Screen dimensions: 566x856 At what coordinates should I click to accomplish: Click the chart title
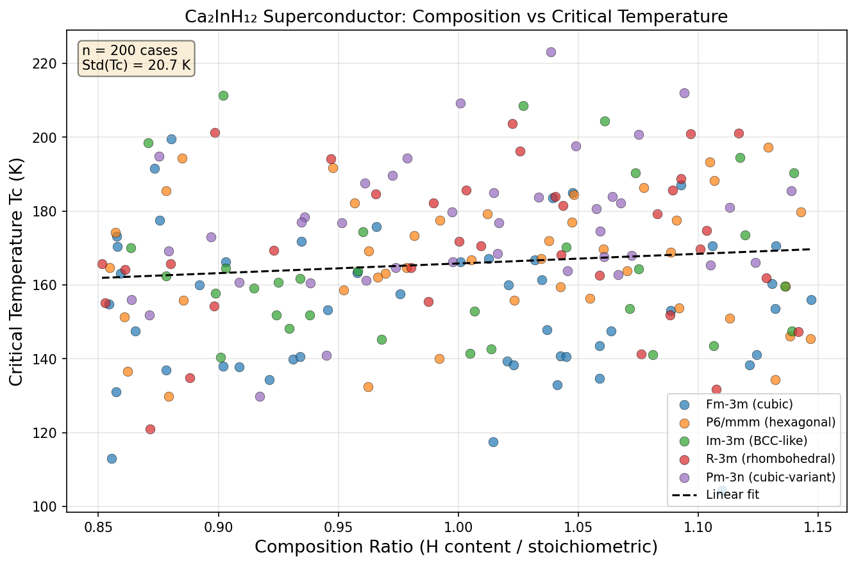[456, 17]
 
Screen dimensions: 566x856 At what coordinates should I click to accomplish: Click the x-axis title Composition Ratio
[456, 547]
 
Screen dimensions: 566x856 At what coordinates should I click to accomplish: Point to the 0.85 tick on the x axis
[98, 526]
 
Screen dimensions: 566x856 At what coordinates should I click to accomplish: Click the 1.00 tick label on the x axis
[458, 526]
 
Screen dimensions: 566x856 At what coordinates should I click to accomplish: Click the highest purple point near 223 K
[551, 52]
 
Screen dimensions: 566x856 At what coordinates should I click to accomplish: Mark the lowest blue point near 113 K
[112, 458]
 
